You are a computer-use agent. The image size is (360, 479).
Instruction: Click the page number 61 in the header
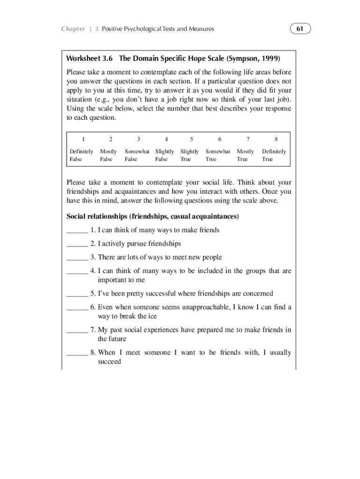tap(300, 29)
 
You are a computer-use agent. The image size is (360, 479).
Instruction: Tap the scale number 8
tap(276, 139)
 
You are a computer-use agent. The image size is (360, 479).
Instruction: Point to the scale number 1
tap(83, 139)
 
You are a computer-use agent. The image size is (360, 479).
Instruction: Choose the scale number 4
tap(166, 139)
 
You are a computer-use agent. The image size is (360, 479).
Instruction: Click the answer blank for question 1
tap(77, 231)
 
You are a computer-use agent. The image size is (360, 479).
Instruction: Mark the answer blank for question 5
tap(77, 294)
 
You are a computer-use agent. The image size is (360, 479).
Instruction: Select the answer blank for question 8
tap(77, 353)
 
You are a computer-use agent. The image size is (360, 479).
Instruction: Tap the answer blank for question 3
tap(77, 258)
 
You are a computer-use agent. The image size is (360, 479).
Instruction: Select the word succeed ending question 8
tap(109, 362)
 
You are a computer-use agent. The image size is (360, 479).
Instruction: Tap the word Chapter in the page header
tap(73, 29)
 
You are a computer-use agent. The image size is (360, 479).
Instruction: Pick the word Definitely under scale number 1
tap(81, 152)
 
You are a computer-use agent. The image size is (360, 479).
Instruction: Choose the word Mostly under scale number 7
tap(245, 152)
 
